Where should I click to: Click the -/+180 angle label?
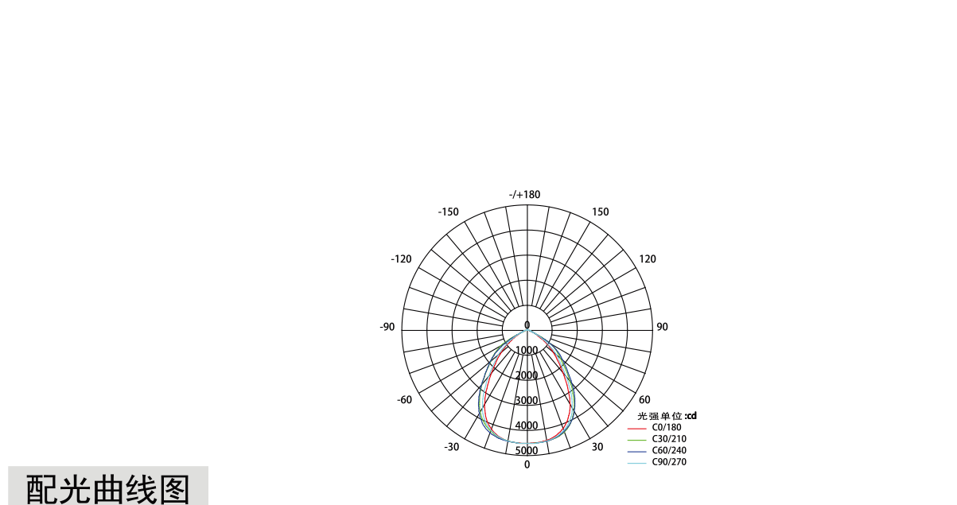tap(525, 195)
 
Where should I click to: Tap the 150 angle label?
tap(601, 212)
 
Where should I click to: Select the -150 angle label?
tap(448, 212)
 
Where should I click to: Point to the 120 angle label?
tap(648, 259)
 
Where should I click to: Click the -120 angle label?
tap(401, 259)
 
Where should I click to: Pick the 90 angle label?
tap(662, 327)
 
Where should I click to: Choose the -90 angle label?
tap(387, 327)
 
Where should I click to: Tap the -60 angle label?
tap(405, 400)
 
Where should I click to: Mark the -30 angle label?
tap(452, 447)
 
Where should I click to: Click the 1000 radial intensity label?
tap(527, 351)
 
